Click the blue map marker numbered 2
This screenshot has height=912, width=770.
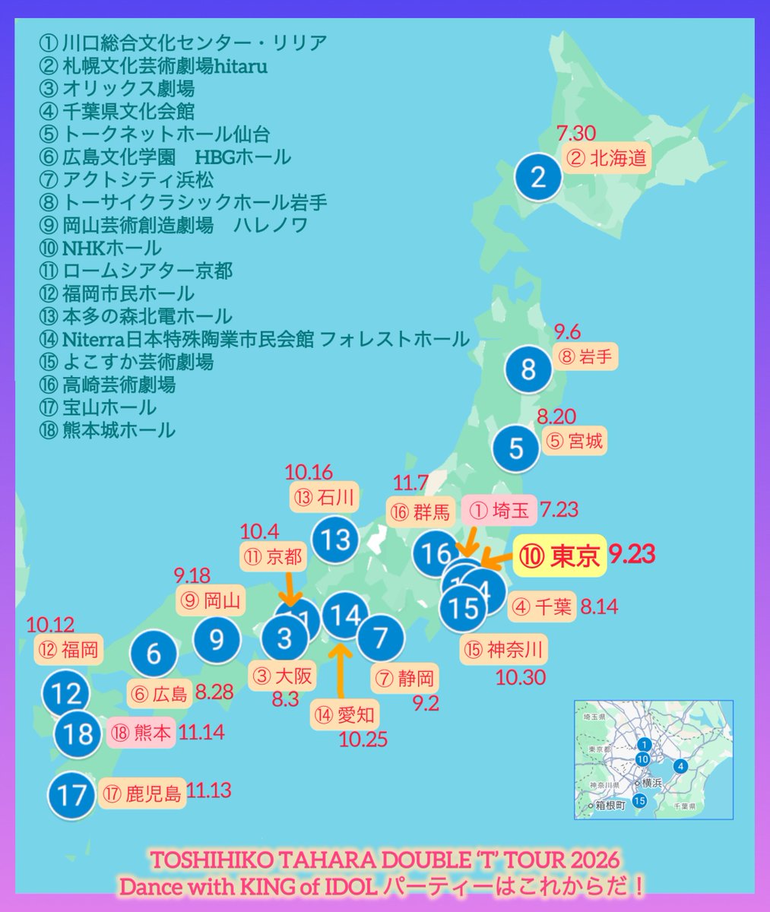point(538,178)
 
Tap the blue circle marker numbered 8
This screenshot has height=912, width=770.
point(528,369)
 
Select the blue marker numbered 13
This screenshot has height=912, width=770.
point(334,540)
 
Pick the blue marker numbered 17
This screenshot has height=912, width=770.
point(73,795)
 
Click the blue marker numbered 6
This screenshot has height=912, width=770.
point(154,654)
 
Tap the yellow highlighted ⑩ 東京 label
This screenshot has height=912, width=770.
point(560,556)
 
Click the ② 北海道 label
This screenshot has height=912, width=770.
point(607,158)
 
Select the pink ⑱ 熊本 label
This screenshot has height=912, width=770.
point(141,733)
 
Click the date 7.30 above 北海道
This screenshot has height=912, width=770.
point(575,134)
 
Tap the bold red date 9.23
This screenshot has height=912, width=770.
point(632,555)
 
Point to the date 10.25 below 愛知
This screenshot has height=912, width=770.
point(363,739)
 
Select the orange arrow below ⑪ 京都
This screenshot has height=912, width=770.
point(293,590)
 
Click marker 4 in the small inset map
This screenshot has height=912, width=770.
point(680,766)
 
